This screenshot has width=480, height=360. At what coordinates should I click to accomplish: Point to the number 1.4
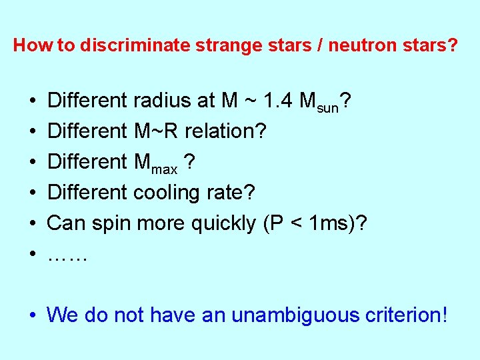[x=276, y=101]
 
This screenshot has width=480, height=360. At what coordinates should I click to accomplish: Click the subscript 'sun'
[x=328, y=107]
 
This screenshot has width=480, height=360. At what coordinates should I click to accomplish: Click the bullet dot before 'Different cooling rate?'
[x=32, y=193]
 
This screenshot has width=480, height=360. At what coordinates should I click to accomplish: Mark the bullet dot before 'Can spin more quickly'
[x=32, y=224]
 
